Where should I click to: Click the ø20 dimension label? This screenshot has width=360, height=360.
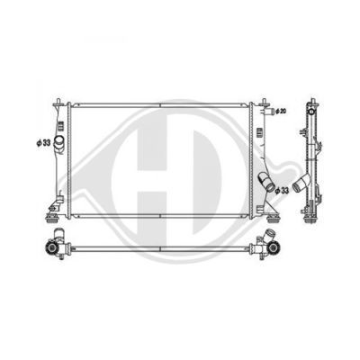281,112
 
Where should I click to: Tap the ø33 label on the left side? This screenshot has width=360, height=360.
43,143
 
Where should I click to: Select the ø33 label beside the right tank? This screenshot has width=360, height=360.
282,190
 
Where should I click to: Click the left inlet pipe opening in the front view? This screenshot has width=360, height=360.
58,141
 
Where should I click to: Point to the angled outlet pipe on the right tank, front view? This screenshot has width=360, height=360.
266,181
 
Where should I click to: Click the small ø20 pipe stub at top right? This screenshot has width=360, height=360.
269,112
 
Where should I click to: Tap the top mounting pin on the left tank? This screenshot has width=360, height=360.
58,102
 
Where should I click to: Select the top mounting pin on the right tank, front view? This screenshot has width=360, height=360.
265,102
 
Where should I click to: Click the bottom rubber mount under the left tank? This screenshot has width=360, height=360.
51,219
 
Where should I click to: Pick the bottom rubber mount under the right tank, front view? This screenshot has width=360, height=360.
273,220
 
